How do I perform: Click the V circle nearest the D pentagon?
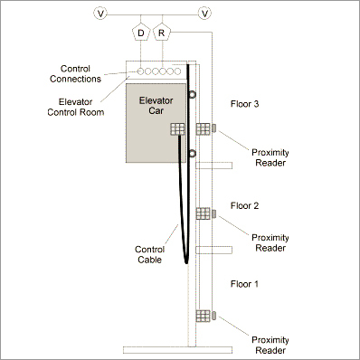pos(100,13)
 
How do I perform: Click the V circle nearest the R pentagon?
pos(205,13)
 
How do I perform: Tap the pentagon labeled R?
pos(162,33)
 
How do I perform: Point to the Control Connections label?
pos(81,73)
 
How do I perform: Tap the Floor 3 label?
pos(245,104)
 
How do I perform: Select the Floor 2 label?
pos(245,206)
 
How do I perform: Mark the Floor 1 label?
pos(245,283)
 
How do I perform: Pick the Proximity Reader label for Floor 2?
pos(270,242)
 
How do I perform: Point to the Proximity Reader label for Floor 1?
pos(270,345)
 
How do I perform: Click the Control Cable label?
pos(149,254)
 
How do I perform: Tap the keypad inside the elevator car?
pos(177,130)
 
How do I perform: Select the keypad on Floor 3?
pos(204,129)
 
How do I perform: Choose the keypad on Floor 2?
pos(204,214)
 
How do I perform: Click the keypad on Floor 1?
pos(204,316)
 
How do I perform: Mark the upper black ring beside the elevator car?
pos(192,93)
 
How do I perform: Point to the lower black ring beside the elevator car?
pos(192,156)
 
